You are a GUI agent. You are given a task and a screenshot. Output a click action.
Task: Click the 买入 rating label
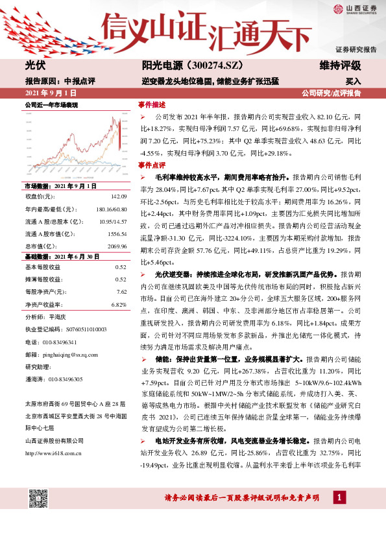pos(352,82)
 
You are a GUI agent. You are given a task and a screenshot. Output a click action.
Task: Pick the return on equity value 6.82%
pos(118,305)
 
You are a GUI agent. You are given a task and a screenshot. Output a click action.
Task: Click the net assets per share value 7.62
pos(121,292)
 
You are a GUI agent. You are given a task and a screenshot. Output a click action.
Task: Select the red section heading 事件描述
pos(152,104)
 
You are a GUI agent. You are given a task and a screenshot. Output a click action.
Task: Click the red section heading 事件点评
pos(152,165)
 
